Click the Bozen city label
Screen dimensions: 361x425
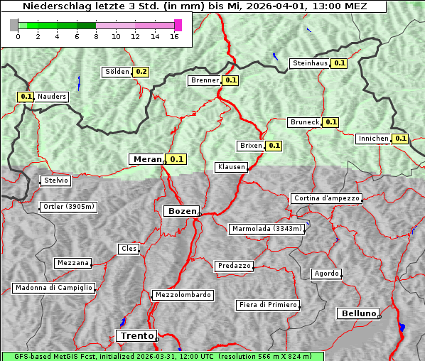pyautogui.click(x=181, y=211)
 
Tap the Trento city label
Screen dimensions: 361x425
pyautogui.click(x=136, y=335)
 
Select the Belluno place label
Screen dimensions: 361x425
pyautogui.click(x=357, y=313)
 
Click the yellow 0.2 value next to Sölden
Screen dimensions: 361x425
pyautogui.click(x=141, y=72)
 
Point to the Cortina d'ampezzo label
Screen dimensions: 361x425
pyautogui.click(x=326, y=198)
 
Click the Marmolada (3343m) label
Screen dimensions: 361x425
pyautogui.click(x=267, y=229)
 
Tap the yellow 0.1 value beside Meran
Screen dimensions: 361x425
pyautogui.click(x=176, y=159)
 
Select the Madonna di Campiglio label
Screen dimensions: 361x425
pyautogui.click(x=53, y=288)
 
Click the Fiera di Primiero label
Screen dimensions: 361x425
pyautogui.click(x=267, y=305)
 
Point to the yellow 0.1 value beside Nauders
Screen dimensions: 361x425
pyautogui.click(x=26, y=97)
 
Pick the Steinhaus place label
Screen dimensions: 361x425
pyautogui.click(x=310, y=63)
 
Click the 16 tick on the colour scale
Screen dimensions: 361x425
pyautogui.click(x=174, y=36)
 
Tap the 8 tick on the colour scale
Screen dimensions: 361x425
pyautogui.click(x=96, y=36)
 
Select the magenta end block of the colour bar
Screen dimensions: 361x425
pyautogui.click(x=178, y=25)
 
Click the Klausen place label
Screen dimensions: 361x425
pyautogui.click(x=231, y=167)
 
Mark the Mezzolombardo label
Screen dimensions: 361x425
pyautogui.click(x=182, y=295)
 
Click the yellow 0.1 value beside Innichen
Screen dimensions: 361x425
pyautogui.click(x=400, y=139)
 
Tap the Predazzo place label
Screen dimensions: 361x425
pyautogui.click(x=234, y=266)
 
